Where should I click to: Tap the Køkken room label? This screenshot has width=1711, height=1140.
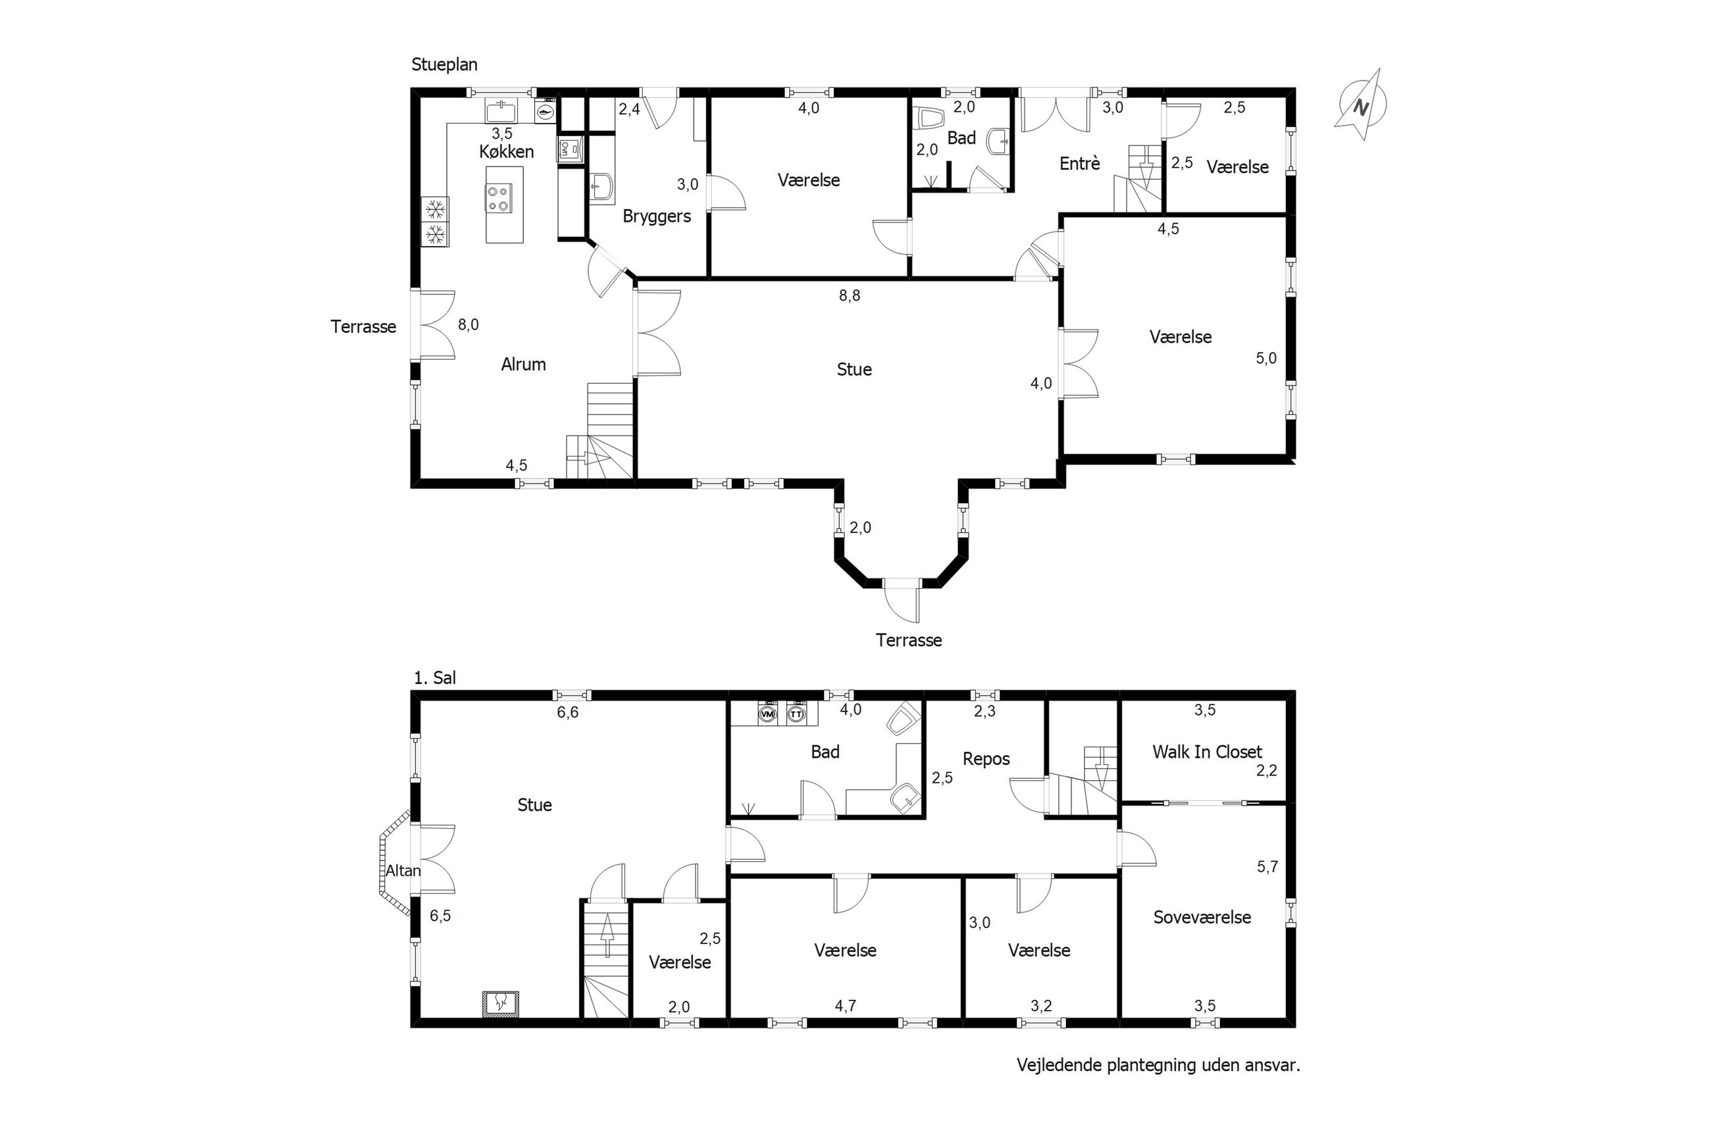click(506, 151)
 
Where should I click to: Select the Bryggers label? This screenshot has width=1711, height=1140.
click(657, 216)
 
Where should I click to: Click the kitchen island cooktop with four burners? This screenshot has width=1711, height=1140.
click(499, 199)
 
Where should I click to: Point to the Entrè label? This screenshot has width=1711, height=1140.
click(1080, 164)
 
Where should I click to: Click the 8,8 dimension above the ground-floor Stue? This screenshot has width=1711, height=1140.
click(850, 296)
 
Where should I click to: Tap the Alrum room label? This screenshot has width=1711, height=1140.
click(524, 364)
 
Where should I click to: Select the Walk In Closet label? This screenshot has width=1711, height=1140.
click(1207, 752)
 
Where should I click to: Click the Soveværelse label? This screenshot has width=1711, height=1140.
click(1202, 917)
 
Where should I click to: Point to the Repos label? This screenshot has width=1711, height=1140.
click(986, 759)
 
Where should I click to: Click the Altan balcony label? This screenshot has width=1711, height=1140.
click(403, 870)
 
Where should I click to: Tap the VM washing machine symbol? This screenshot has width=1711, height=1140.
click(767, 714)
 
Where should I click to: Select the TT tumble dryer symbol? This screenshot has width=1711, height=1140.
click(797, 714)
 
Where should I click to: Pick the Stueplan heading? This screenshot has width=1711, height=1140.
click(444, 64)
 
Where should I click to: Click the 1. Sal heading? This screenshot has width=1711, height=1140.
click(435, 678)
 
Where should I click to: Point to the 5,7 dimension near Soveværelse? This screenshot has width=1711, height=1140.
click(1267, 866)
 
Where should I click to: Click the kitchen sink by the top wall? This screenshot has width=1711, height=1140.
click(501, 112)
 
